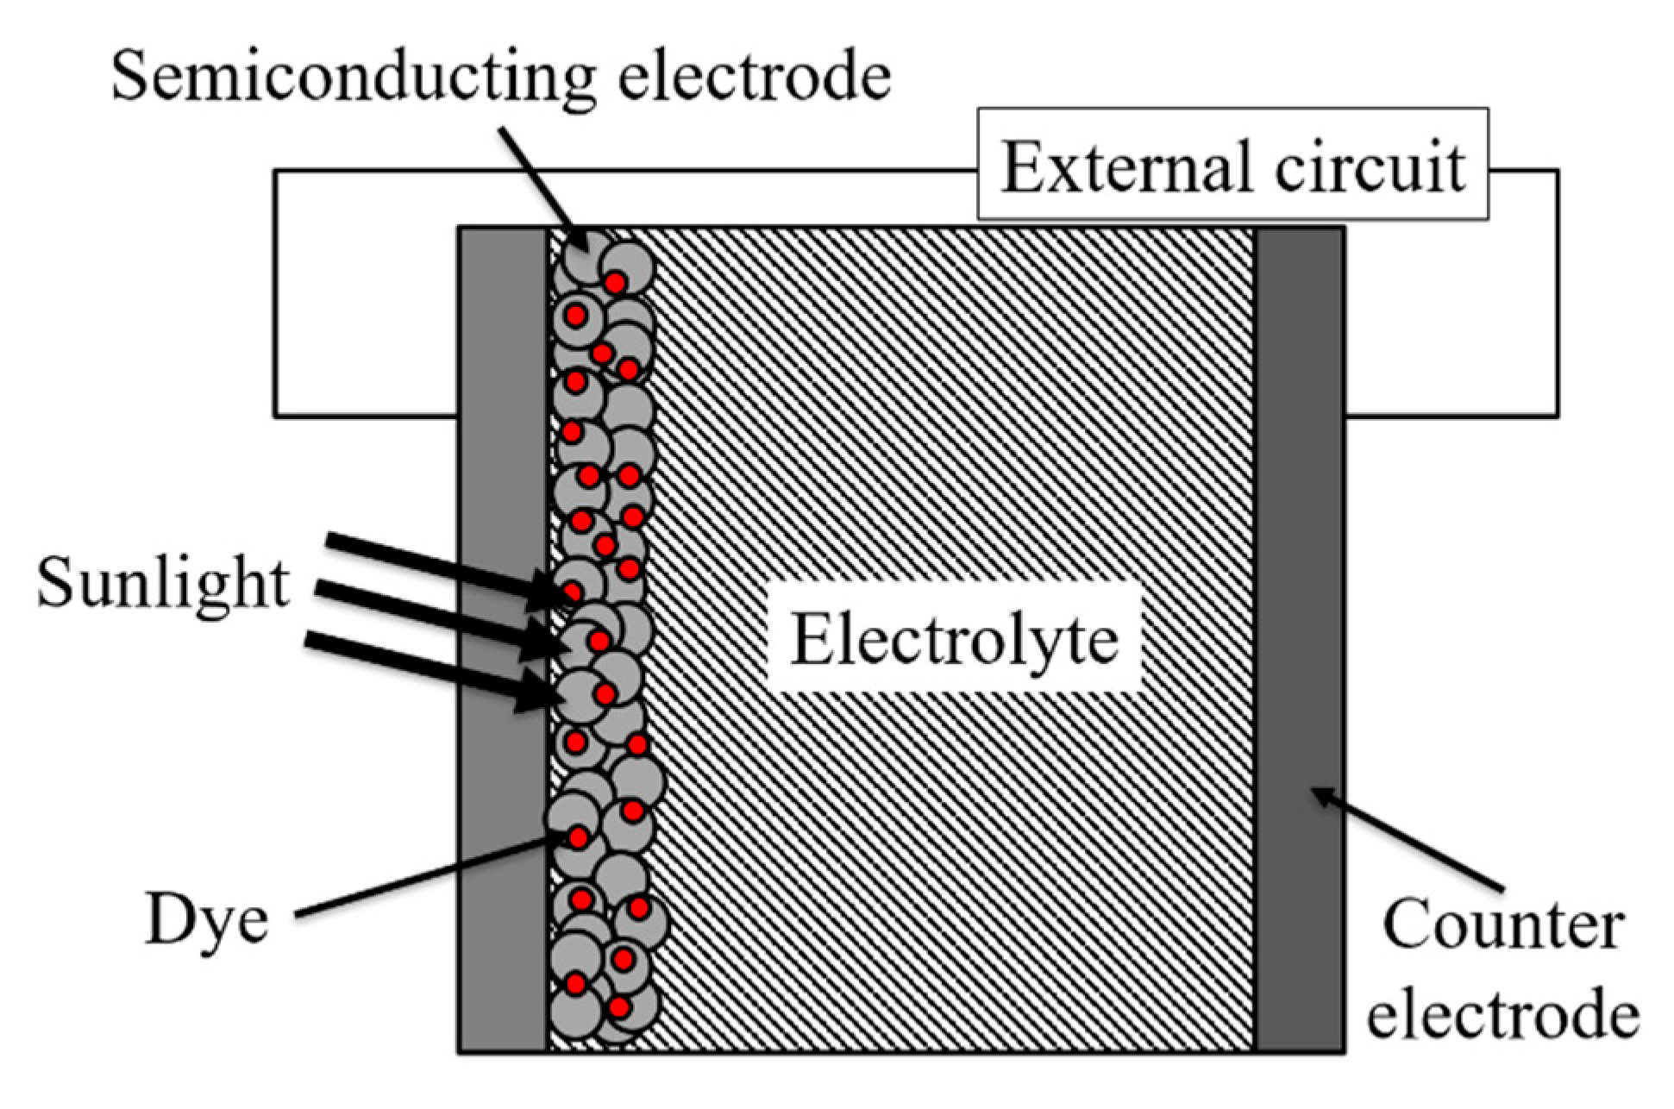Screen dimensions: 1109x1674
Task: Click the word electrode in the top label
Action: tap(755, 76)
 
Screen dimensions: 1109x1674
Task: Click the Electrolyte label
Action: tap(954, 641)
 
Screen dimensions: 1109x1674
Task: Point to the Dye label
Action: tap(206, 920)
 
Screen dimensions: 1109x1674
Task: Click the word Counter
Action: tap(1502, 924)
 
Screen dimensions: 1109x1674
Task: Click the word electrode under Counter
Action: tap(1502, 1014)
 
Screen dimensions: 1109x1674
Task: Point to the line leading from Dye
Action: tap(423, 875)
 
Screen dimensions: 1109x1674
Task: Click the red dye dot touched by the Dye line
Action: tap(577, 837)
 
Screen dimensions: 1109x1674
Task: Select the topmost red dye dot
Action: tap(614, 283)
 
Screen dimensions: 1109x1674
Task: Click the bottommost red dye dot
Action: tap(618, 1006)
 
